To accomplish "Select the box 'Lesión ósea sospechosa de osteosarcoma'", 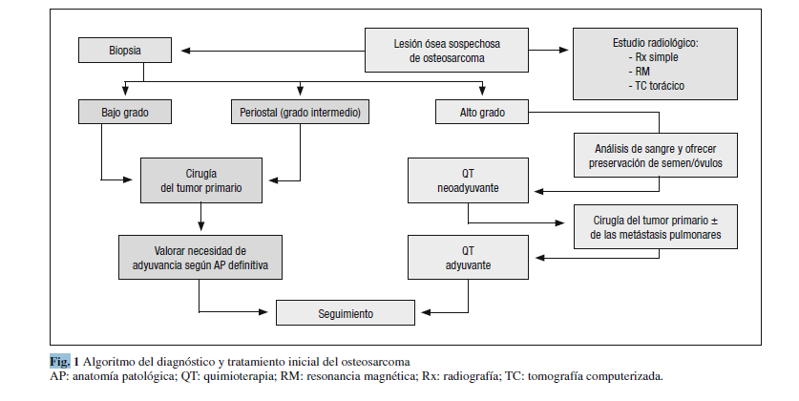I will tap(447, 51).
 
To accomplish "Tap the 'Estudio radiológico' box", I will tap(655, 64).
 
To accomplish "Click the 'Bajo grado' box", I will tap(126, 113).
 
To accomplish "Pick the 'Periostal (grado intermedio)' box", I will tap(300, 113).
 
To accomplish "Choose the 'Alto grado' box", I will tap(482, 113).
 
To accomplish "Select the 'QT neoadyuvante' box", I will tap(467, 181).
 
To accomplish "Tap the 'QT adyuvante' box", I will tap(467, 258).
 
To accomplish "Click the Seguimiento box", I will tap(346, 312).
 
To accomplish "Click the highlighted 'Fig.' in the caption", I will tap(59, 361).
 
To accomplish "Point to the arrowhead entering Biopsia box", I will tap(184, 51).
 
